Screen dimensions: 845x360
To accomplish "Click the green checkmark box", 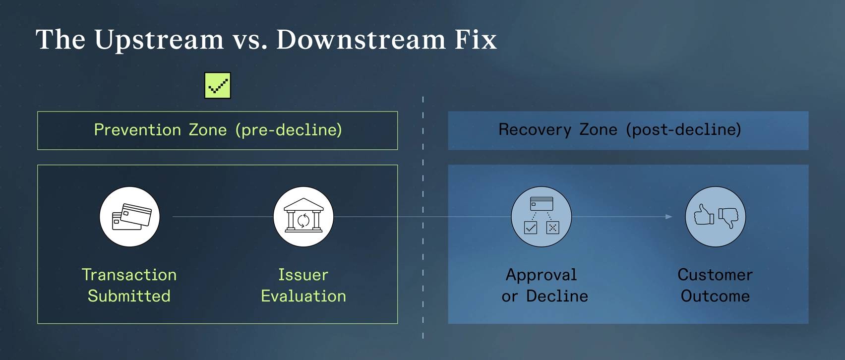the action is click(x=218, y=86).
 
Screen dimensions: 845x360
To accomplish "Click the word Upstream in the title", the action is click(x=159, y=40).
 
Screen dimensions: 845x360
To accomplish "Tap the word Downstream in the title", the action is click(x=361, y=40).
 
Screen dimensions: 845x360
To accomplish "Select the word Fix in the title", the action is click(x=476, y=40).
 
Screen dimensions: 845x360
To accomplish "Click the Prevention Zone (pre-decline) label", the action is click(x=218, y=130).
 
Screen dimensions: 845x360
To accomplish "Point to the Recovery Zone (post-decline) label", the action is click(x=620, y=130).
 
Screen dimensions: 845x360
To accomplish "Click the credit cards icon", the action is click(x=130, y=217).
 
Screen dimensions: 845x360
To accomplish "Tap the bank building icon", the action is click(x=303, y=217).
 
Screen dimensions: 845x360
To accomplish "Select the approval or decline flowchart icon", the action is click(x=542, y=217).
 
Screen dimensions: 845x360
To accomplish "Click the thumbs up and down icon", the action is click(x=716, y=217).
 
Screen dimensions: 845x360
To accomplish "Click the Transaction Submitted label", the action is click(x=129, y=285).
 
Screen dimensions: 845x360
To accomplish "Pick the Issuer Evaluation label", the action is click(x=303, y=285).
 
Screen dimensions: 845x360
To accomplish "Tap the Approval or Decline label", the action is click(x=544, y=285).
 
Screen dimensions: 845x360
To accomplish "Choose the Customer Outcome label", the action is click(x=715, y=285).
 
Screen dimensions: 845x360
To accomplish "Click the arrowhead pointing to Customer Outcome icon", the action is click(x=669, y=217).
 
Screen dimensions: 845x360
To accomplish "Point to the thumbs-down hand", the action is click(x=728, y=217).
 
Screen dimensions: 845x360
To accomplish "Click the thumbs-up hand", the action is click(x=704, y=215).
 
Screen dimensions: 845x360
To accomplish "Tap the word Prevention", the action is click(x=137, y=130).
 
